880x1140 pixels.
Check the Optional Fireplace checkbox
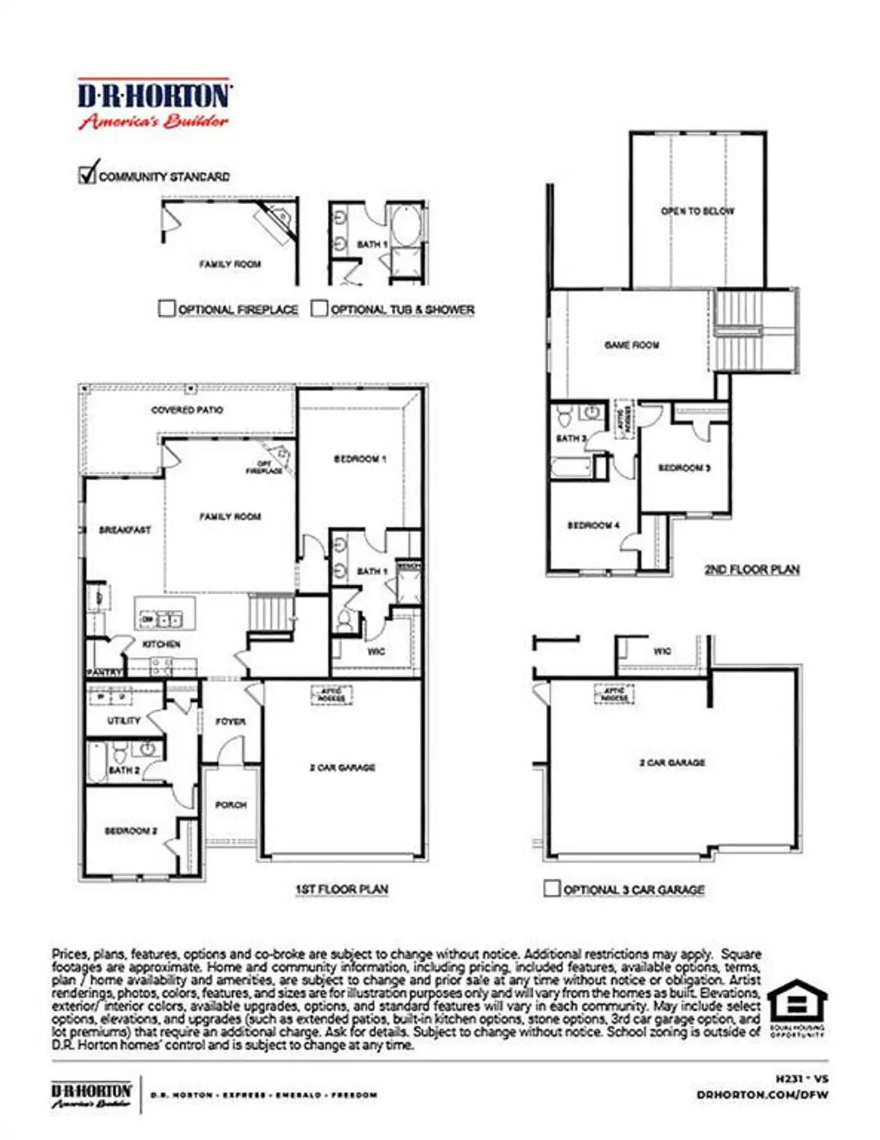(x=166, y=308)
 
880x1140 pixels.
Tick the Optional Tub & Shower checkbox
(x=319, y=308)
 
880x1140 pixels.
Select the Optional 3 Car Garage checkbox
(x=551, y=888)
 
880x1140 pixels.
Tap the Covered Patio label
(x=187, y=410)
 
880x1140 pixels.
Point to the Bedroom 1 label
(x=360, y=459)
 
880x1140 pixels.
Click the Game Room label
(x=632, y=345)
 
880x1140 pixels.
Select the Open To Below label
(x=698, y=211)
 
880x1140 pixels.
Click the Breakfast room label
(x=124, y=530)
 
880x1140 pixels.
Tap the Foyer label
(x=230, y=721)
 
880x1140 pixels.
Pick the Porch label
(x=231, y=804)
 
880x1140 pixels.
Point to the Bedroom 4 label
(x=593, y=525)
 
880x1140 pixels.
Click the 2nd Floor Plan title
(x=752, y=569)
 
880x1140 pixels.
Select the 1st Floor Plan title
(x=342, y=889)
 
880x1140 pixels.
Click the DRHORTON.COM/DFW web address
(x=762, y=1095)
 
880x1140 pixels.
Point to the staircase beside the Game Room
(x=755, y=330)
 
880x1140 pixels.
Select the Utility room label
(x=124, y=721)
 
